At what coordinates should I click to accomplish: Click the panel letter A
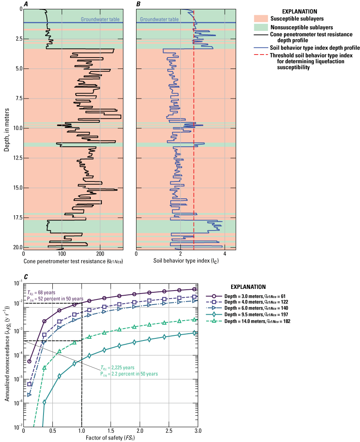point(25,4)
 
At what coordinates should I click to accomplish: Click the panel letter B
point(138,4)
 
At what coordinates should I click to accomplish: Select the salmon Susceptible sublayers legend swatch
point(263,19)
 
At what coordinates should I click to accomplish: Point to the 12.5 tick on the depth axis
point(16,158)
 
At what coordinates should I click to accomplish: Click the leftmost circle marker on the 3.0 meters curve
point(30,361)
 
